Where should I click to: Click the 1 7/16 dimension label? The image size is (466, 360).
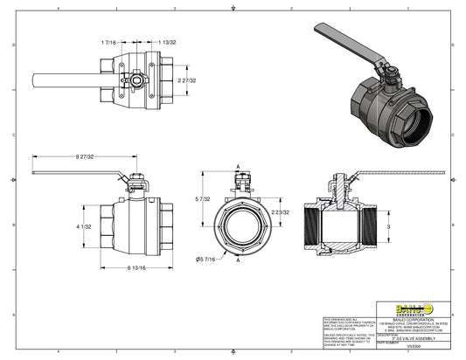pos(109,42)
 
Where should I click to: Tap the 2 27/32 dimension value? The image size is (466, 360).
pos(188,80)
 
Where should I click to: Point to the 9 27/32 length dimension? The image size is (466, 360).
pos(86,156)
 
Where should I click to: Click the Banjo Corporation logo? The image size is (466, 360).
pos(413,306)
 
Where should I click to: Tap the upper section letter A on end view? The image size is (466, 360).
pos(237,166)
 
